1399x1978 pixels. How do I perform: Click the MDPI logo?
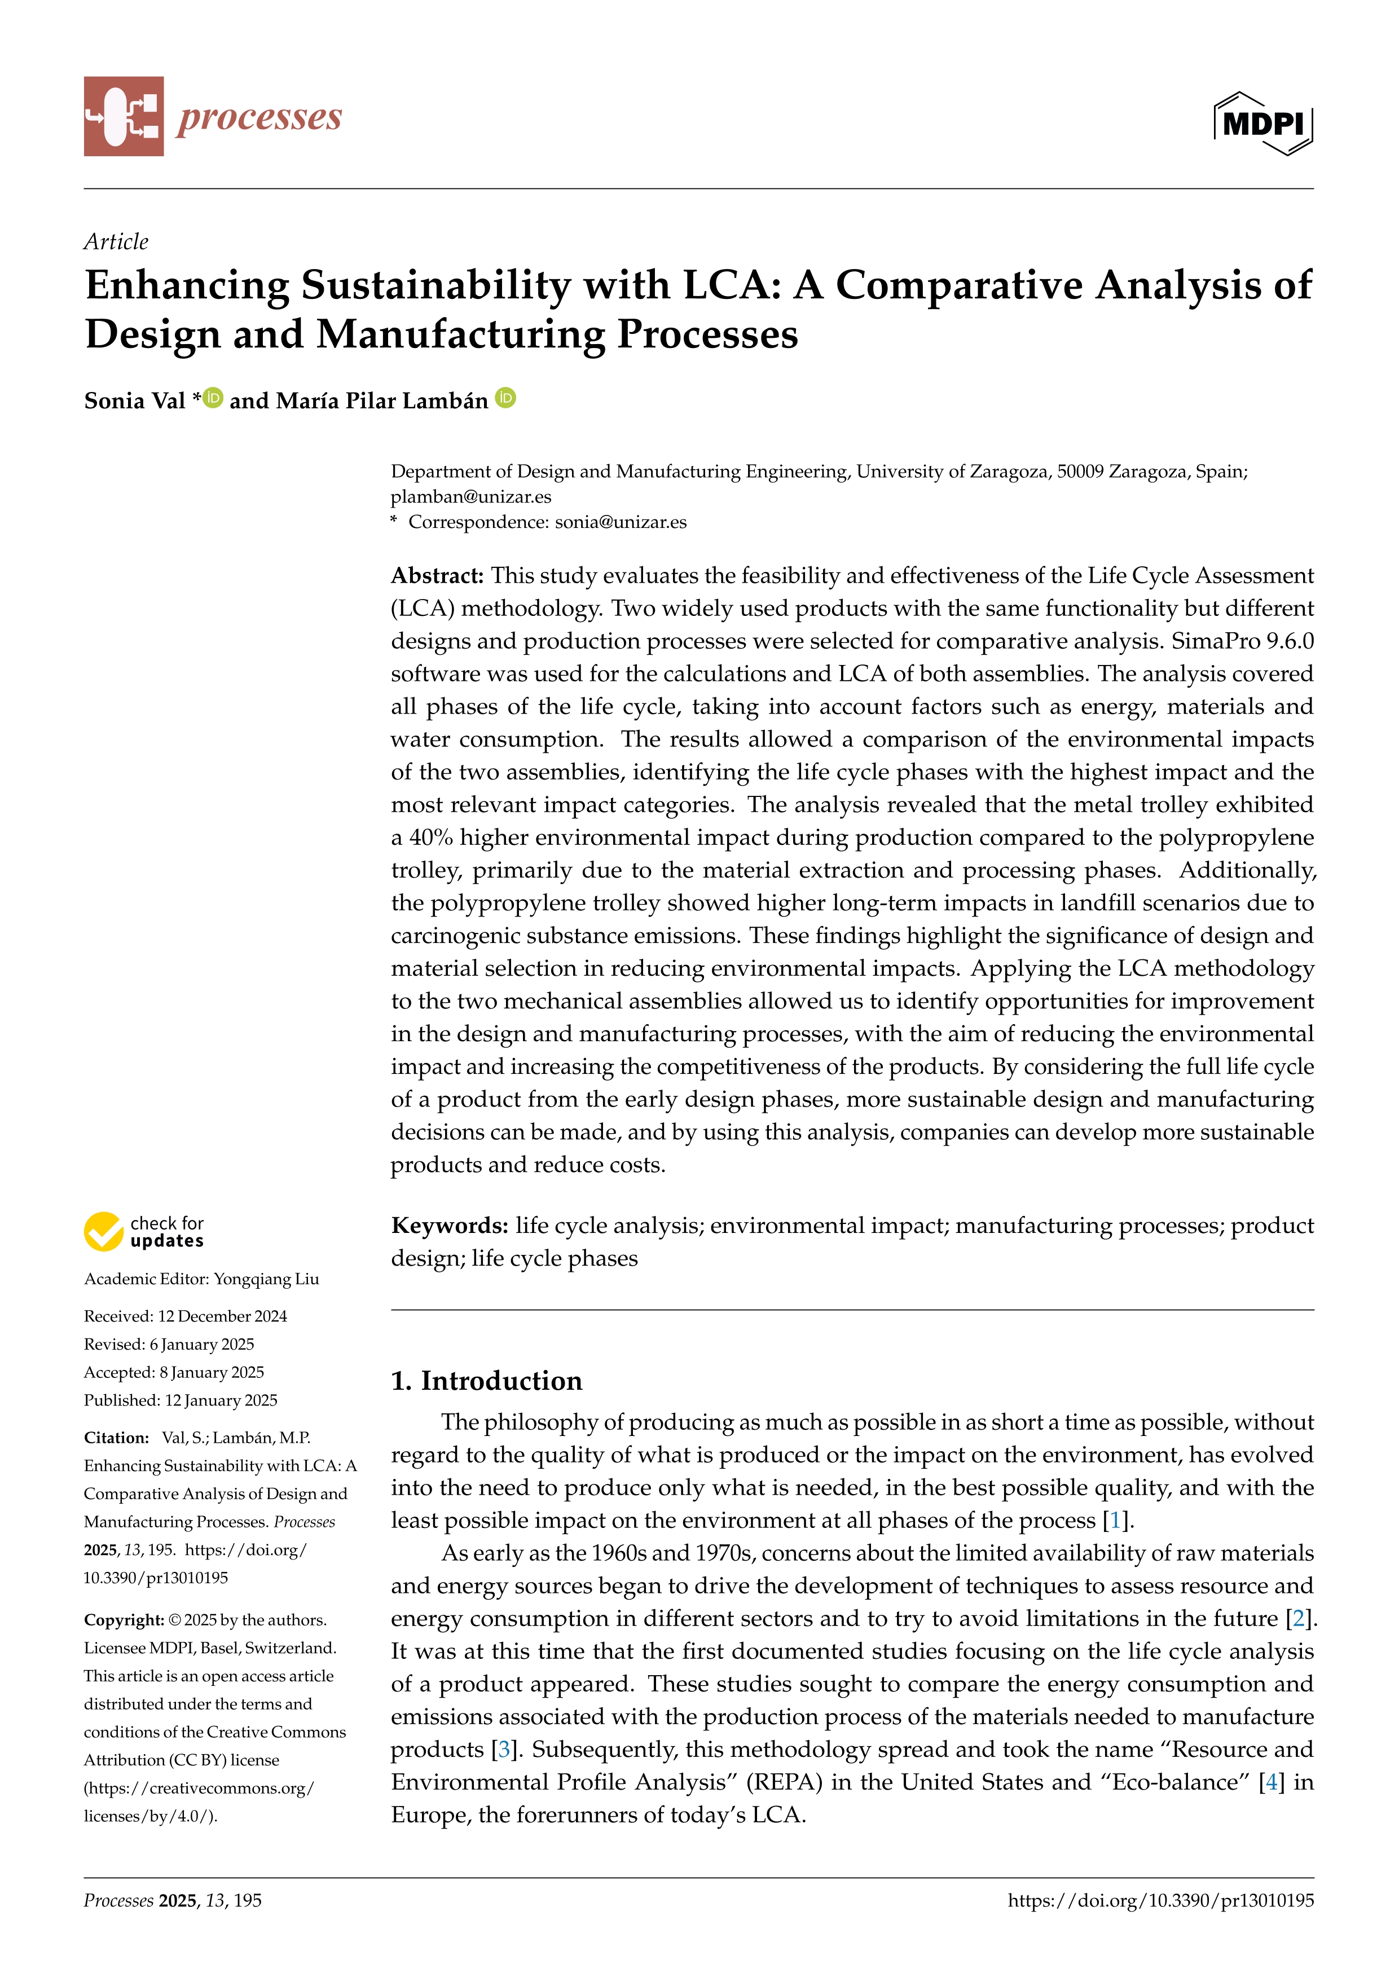(x=1263, y=123)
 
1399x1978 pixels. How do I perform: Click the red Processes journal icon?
(x=123, y=116)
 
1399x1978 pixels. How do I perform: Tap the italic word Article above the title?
(x=116, y=241)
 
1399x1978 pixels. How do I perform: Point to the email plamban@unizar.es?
(x=470, y=496)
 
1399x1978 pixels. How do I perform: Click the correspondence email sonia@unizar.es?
(x=621, y=522)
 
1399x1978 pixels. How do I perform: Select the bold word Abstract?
(x=437, y=575)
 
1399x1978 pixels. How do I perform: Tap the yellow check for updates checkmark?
(x=103, y=1232)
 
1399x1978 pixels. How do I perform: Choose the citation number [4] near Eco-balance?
(x=1270, y=1782)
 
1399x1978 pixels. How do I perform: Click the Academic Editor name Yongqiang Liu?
(x=266, y=1279)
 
